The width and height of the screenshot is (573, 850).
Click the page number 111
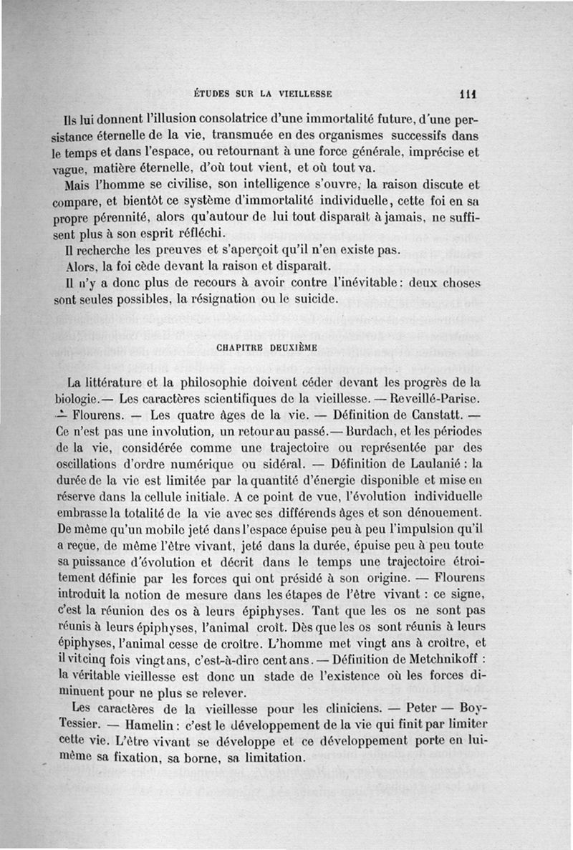[x=469, y=92]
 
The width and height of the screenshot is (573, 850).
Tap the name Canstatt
[x=436, y=415]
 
